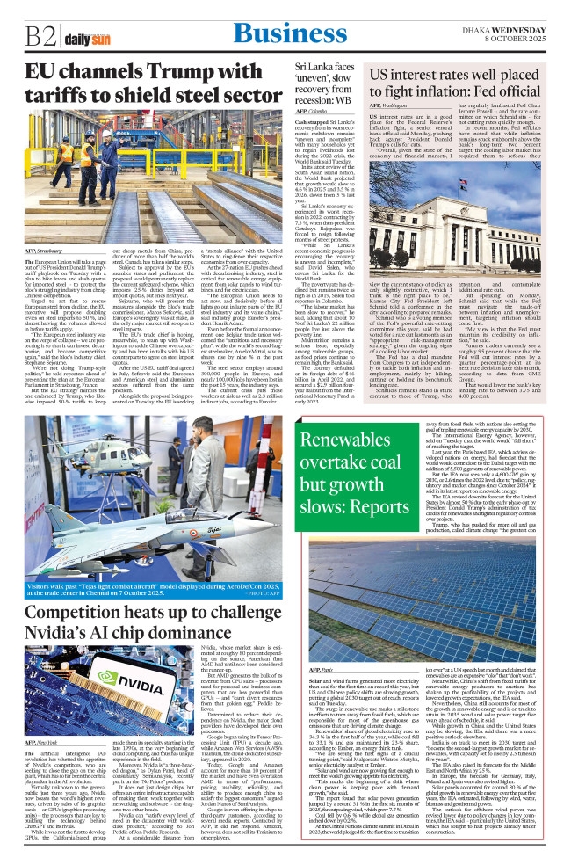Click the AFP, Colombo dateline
(x=312, y=111)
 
